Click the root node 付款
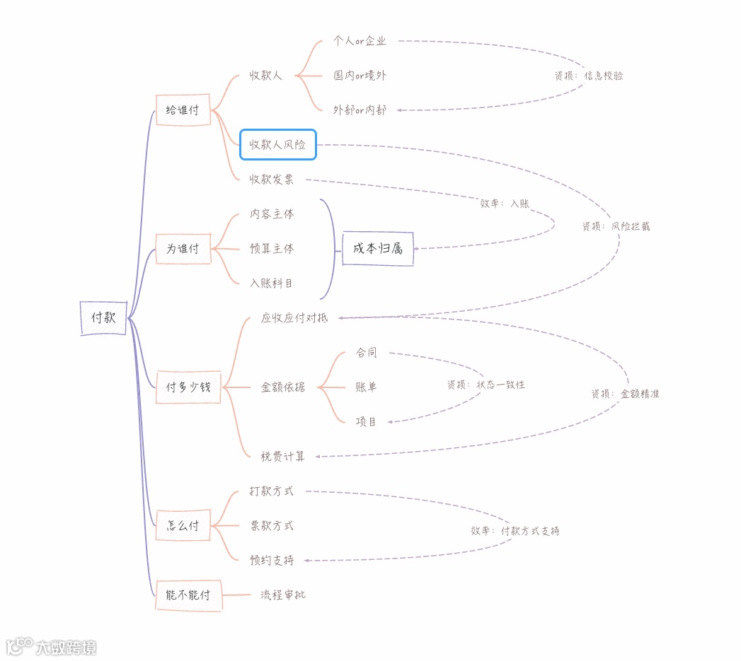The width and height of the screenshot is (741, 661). point(103,318)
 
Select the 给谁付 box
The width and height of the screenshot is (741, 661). point(183,110)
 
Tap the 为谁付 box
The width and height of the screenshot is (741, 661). point(183,249)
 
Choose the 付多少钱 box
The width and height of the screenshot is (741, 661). point(188,387)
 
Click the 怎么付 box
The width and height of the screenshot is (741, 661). point(183,525)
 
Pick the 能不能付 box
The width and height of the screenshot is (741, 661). point(188,595)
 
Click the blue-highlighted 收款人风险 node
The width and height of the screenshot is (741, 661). point(277,145)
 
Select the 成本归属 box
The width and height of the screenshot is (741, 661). point(377,248)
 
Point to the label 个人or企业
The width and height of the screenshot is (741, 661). point(360,41)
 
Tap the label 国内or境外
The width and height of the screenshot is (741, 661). point(360,76)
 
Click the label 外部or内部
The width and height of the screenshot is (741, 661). point(360,110)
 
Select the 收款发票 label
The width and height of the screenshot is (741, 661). point(272,180)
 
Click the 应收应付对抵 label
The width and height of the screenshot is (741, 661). point(294,318)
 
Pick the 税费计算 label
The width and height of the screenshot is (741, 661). point(283,456)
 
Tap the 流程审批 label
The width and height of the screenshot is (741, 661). point(283,595)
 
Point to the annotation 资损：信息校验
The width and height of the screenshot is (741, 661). point(589,76)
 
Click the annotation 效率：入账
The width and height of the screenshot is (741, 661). point(505,204)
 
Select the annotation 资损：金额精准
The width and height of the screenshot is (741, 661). point(625,394)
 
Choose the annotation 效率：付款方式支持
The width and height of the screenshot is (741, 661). point(515,531)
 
